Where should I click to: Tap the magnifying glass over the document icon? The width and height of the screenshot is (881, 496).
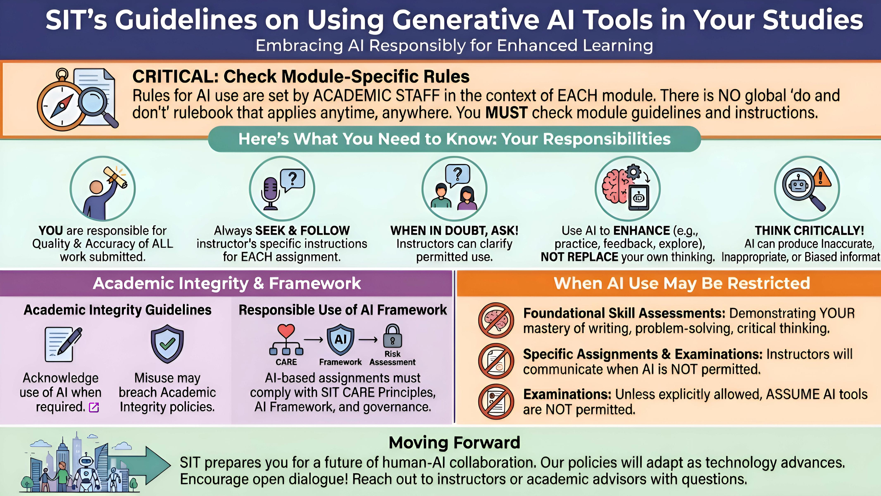[98, 106]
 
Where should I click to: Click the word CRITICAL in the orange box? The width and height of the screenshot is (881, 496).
[175, 76]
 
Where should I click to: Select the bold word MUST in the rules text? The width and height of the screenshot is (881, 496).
[506, 112]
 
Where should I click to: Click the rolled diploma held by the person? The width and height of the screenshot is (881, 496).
[116, 177]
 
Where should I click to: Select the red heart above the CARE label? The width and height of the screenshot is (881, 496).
[286, 331]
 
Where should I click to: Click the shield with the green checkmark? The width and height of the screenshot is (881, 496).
[167, 344]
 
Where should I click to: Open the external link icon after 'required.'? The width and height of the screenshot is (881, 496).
[94, 407]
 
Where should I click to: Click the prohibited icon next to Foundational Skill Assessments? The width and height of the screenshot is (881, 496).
[496, 321]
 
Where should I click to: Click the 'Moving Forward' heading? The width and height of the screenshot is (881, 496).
[454, 442]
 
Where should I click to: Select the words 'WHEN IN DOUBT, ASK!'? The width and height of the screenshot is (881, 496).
[454, 230]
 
